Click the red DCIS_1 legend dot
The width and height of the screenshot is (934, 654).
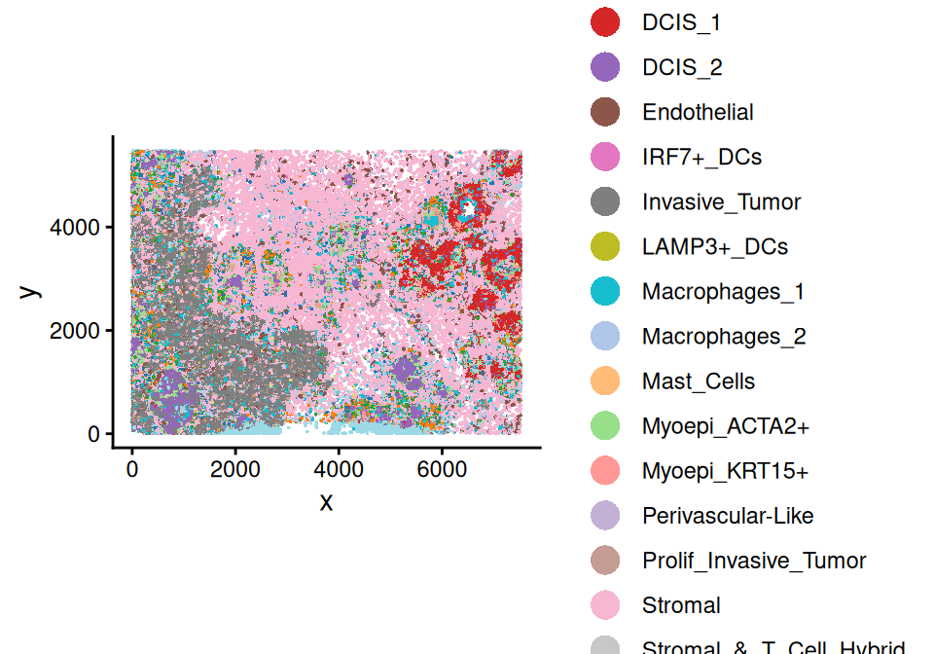click(605, 22)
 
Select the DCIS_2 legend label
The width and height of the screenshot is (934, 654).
click(681, 67)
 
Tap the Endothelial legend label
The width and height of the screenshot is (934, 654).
click(698, 112)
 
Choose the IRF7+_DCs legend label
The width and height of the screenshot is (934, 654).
click(701, 157)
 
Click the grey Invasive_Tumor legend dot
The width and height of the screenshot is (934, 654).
click(605, 201)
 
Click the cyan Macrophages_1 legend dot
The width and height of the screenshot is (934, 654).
click(605, 291)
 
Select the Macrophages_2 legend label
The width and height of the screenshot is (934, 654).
click(724, 337)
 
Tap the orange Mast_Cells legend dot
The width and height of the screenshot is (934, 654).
click(605, 381)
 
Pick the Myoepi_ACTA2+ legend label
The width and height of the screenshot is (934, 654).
click(726, 426)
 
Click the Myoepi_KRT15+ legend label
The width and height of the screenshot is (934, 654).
click(725, 471)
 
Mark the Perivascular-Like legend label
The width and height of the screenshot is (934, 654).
click(728, 516)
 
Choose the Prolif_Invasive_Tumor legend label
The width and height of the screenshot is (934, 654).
click(754, 561)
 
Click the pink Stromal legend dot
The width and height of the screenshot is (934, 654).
click(605, 605)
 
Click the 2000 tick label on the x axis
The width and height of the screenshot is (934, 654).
click(235, 468)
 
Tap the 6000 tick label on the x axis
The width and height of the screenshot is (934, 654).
click(442, 468)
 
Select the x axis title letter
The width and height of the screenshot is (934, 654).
click(327, 501)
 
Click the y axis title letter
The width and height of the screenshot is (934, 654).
click(30, 290)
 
